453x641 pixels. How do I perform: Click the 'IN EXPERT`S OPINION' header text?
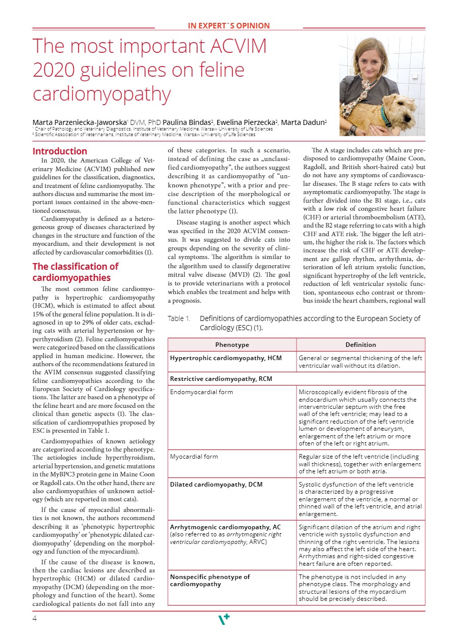229,26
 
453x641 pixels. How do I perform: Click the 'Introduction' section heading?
60,151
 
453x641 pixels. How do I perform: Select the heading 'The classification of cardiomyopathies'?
75,272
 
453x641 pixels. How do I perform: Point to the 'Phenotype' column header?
232,345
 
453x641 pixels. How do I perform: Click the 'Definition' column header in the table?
361,345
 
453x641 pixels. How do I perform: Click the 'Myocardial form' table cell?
194,457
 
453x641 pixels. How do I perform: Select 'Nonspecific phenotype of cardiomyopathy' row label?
210,581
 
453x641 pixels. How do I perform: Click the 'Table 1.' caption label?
179,319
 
